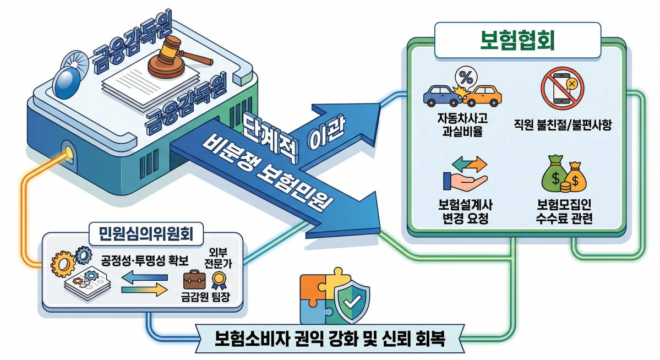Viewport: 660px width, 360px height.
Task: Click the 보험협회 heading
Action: tap(517, 40)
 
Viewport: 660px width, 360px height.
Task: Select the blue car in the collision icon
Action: tap(442, 96)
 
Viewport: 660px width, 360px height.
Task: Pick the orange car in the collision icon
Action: tap(483, 96)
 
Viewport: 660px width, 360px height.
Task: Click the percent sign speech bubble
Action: tap(466, 78)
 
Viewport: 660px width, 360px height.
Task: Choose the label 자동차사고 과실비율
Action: tap(462, 124)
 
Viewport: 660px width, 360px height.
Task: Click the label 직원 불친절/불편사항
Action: tap(563, 125)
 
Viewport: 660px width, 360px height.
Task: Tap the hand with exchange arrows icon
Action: tap(465, 173)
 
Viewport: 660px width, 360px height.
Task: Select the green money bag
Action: tap(555, 174)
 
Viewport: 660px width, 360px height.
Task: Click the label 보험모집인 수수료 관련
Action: tap(564, 212)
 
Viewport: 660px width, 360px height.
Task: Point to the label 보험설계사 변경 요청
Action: tap(465, 212)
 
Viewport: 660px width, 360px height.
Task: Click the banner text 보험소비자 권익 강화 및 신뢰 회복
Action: tap(330, 339)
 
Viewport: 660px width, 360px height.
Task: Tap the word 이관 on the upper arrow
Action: tap(326, 135)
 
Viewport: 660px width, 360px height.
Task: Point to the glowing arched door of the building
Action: tap(69, 153)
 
